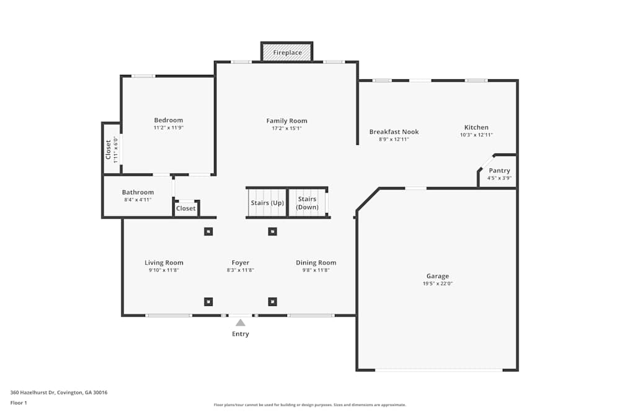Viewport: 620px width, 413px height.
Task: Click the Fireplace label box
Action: click(287, 53)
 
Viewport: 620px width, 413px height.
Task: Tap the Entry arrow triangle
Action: click(241, 323)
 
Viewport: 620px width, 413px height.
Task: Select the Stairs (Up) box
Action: click(267, 203)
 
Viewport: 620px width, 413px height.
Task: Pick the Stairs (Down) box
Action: click(308, 203)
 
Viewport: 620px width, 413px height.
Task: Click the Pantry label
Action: click(499, 171)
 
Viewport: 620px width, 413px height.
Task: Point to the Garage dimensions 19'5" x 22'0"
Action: click(437, 284)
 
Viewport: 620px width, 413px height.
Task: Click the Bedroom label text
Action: click(169, 120)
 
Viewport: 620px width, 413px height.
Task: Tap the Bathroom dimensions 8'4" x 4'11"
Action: click(138, 200)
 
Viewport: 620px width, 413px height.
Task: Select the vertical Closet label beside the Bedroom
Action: click(108, 149)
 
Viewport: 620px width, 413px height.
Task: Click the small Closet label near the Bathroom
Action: click(186, 209)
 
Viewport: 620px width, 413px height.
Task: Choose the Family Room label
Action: click(286, 121)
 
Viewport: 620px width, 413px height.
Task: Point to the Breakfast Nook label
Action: click(394, 132)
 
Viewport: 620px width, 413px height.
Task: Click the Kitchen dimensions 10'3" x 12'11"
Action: click(476, 135)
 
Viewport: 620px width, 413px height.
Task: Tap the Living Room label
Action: click(164, 263)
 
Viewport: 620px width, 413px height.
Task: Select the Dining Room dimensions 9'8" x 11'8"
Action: click(316, 270)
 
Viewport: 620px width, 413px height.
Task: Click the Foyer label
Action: click(241, 263)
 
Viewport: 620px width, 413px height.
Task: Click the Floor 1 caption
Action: click(19, 402)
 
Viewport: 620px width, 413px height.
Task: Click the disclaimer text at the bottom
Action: click(310, 405)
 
